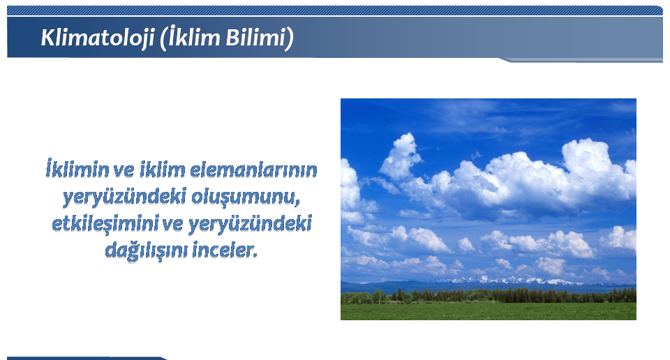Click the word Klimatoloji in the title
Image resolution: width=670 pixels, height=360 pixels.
(x=98, y=38)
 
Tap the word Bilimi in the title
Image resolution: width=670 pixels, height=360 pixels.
(x=255, y=37)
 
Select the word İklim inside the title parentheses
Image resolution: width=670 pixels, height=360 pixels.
(x=193, y=37)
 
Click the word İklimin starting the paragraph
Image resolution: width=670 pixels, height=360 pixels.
(x=77, y=169)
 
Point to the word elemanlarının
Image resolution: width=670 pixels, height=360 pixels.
(x=253, y=170)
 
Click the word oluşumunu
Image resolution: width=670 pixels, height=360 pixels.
(x=245, y=197)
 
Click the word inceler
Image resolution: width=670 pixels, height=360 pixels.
(x=225, y=250)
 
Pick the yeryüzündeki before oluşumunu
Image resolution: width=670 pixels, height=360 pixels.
(x=124, y=197)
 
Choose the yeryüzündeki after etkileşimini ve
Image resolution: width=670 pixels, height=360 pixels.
(x=250, y=224)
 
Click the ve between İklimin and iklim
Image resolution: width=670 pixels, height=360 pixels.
(x=124, y=171)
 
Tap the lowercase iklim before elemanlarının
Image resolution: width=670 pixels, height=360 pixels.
(x=163, y=170)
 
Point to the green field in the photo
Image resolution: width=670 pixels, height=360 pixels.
(x=489, y=311)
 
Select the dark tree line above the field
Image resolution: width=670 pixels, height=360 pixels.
(x=489, y=296)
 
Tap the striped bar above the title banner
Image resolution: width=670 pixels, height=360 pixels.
(x=335, y=10)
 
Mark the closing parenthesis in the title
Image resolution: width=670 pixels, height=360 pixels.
(x=290, y=38)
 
